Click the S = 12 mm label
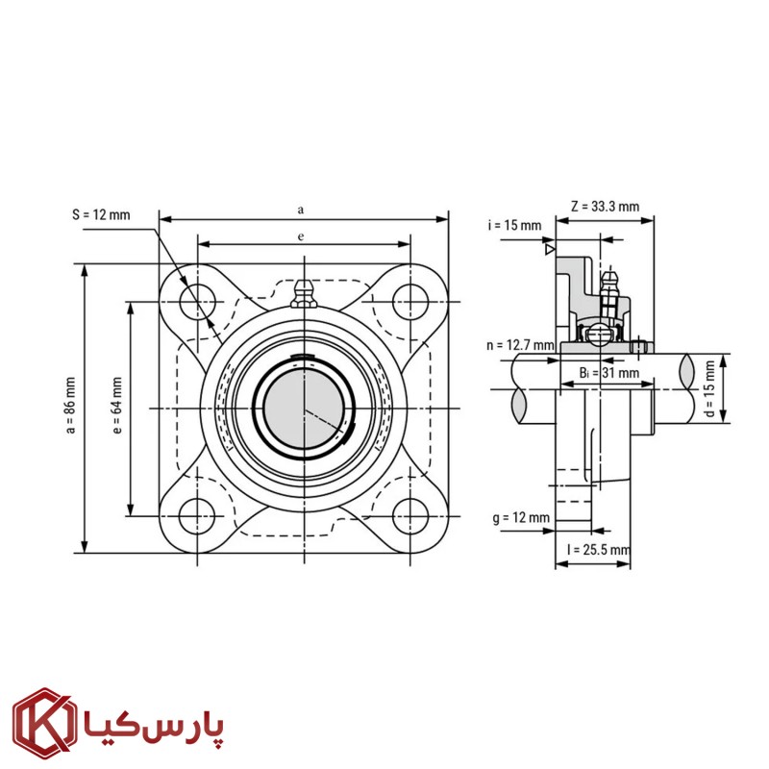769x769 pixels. coord(100,213)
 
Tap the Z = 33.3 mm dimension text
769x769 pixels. coord(605,206)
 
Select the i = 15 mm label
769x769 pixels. coord(514,226)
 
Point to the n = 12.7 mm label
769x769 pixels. coord(520,344)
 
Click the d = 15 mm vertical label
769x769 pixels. coord(709,387)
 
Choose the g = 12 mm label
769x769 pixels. coord(520,518)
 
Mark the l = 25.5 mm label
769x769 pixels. coord(598,550)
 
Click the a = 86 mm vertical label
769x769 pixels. coord(69,409)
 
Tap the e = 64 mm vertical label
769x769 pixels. coord(116,408)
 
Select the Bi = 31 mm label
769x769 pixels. coord(608,372)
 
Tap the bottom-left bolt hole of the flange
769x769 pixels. coord(198,516)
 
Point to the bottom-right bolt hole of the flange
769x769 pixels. coord(409,516)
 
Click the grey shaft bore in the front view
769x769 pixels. coord(303,409)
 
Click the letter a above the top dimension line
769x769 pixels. coord(301,208)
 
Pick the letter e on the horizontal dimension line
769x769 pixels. coord(301,235)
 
